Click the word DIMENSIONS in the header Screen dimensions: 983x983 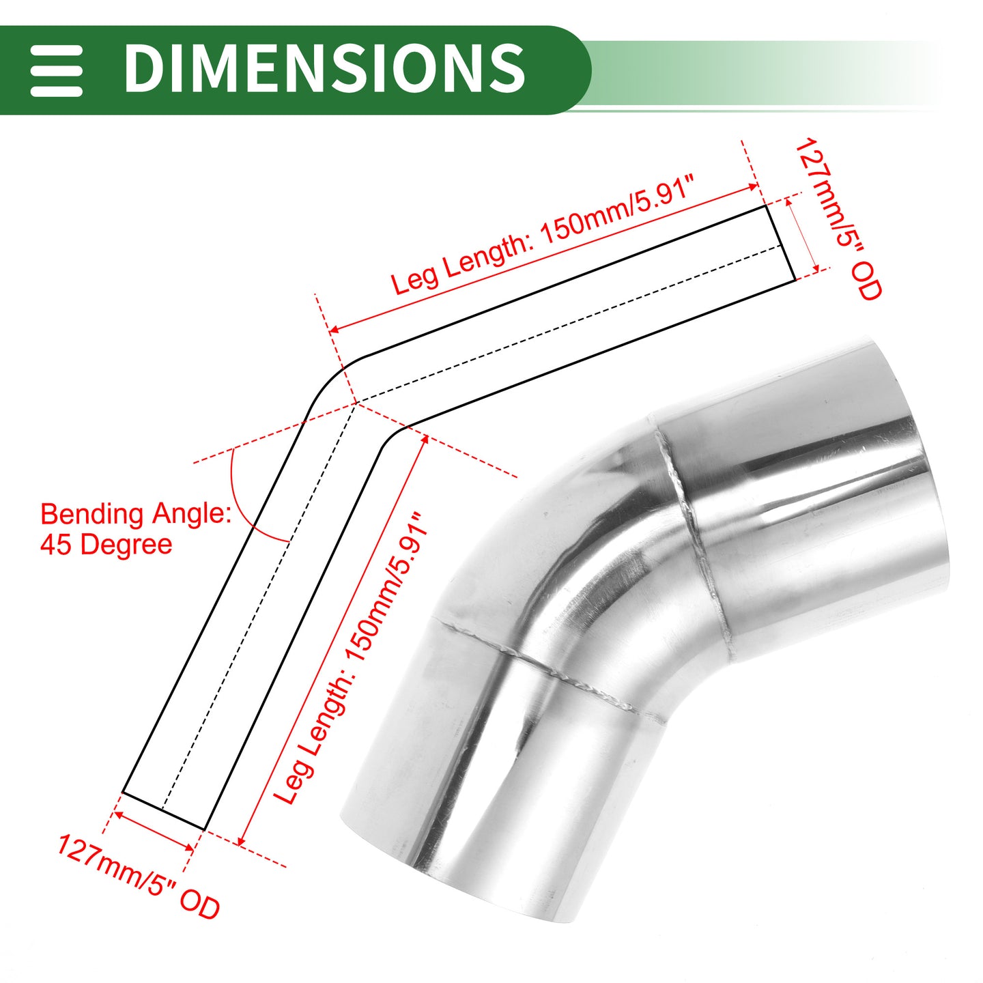[324, 68]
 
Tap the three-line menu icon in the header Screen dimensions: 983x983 [56, 70]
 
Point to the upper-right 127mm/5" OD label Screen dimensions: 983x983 [838, 219]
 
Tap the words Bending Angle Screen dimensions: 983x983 [136, 514]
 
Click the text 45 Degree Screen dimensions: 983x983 [106, 544]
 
